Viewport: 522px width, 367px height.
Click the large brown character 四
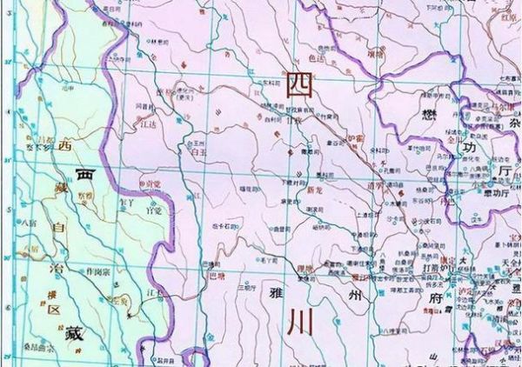tap(298, 83)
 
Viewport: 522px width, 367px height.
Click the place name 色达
tap(328, 58)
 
